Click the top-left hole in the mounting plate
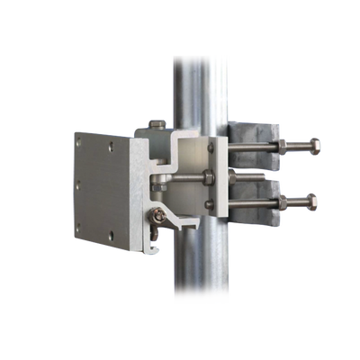pos(84,141)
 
